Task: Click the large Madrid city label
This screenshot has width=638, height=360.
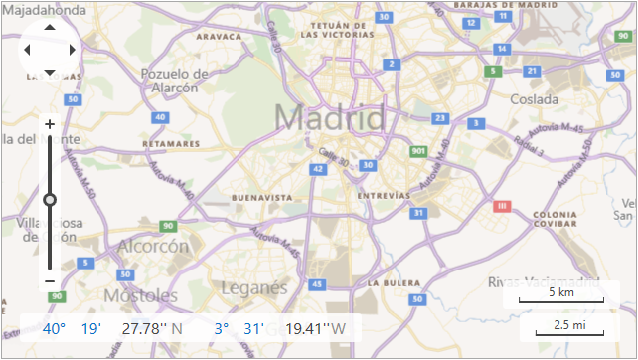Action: (x=329, y=118)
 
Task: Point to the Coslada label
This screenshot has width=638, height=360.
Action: (x=536, y=99)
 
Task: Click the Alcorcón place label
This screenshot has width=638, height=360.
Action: (x=153, y=246)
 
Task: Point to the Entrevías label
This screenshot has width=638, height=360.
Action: (x=383, y=196)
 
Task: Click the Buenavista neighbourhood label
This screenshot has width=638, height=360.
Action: (x=261, y=198)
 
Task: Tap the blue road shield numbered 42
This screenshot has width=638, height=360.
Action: (x=318, y=169)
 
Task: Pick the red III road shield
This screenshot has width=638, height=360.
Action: (x=502, y=206)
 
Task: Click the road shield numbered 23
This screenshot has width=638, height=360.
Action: (x=440, y=117)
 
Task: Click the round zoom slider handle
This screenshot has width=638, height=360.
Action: (x=50, y=199)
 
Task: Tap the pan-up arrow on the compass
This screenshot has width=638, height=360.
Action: (x=50, y=28)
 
